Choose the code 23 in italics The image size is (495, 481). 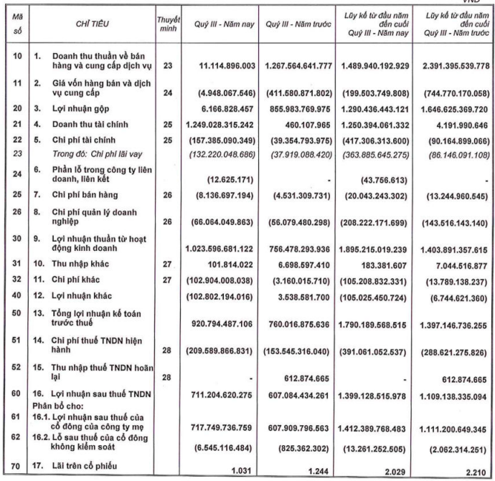(15, 151)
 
